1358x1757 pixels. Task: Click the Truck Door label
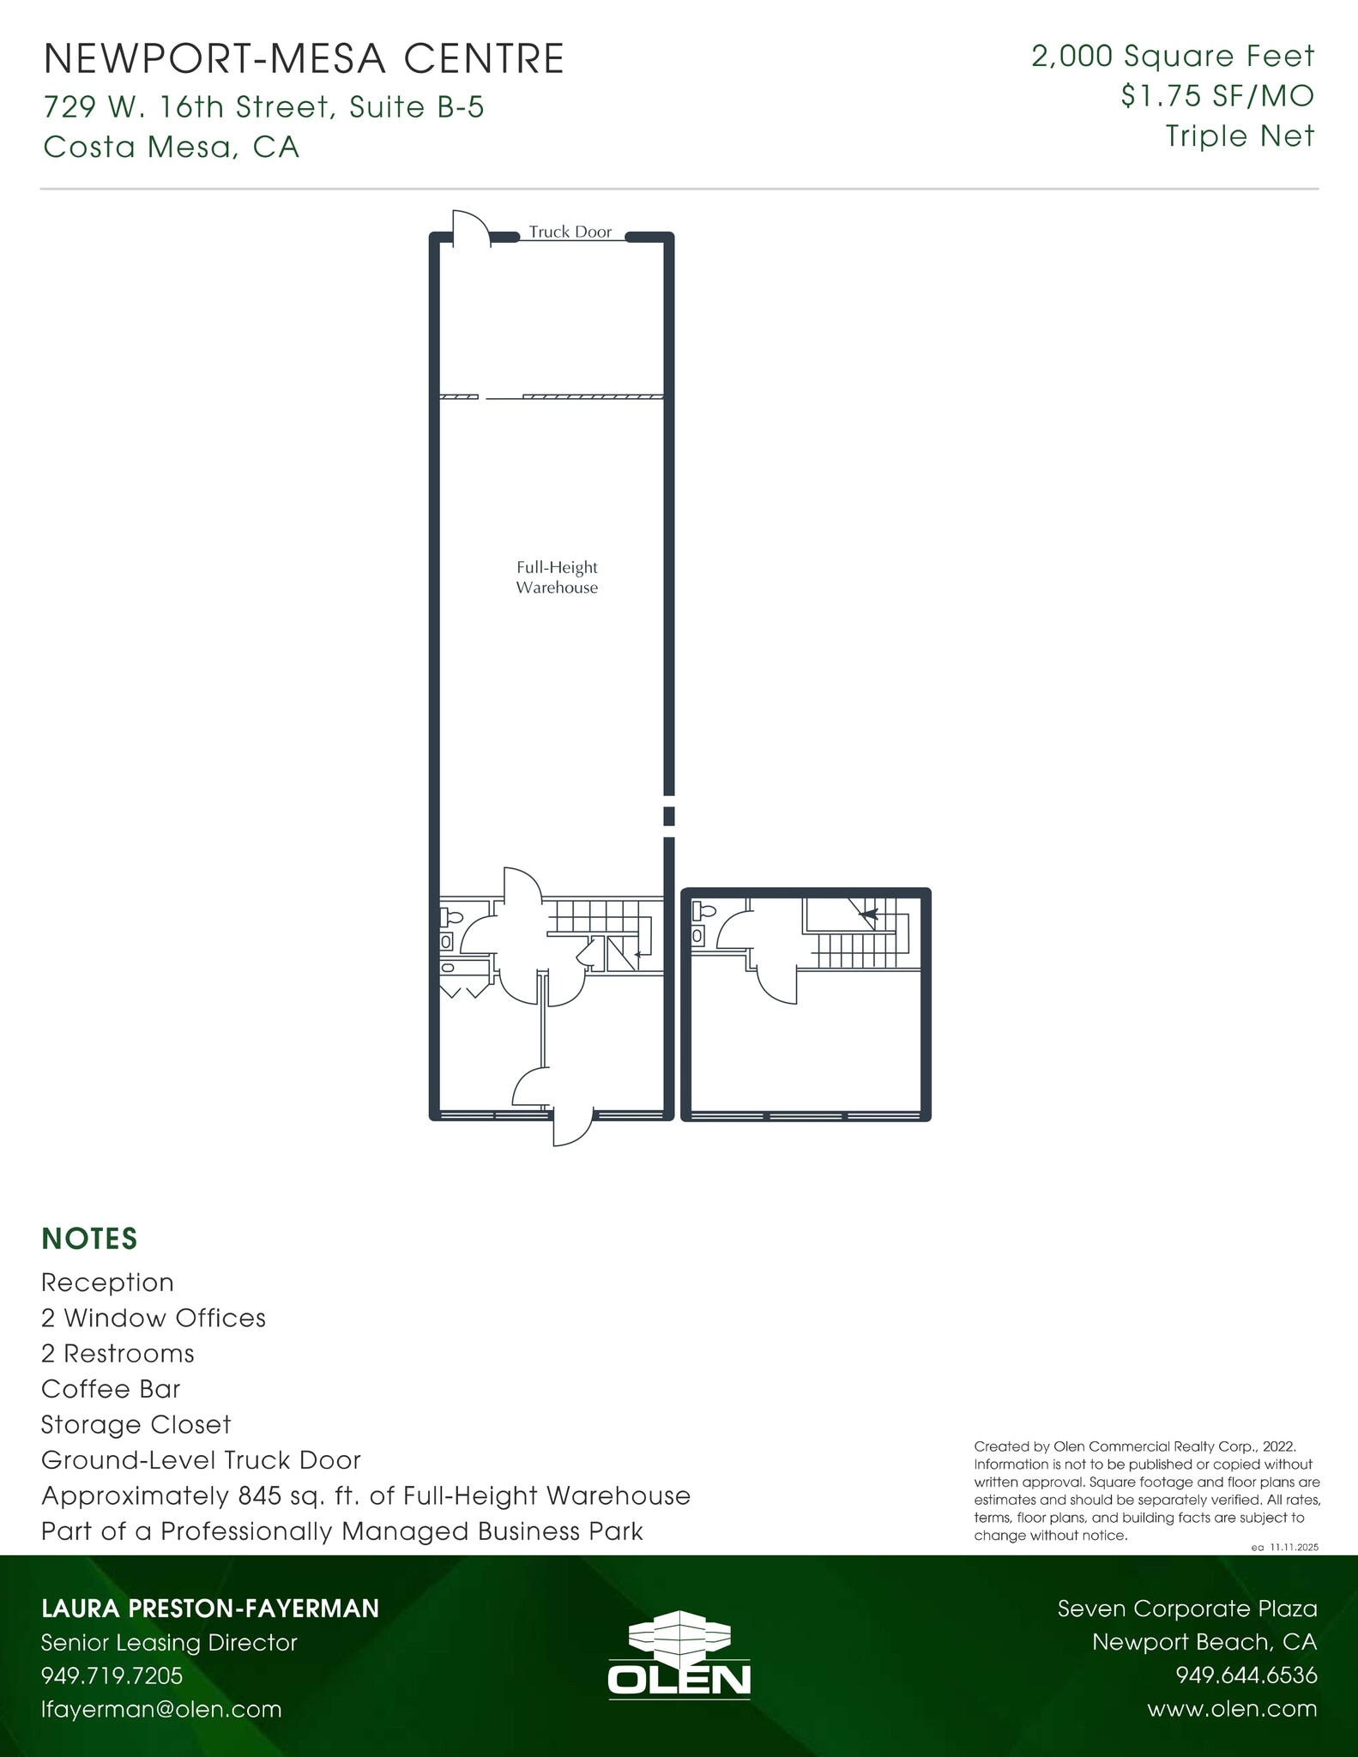pos(570,232)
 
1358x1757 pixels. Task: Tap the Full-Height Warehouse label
pos(557,577)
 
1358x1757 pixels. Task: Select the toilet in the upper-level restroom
pos(705,911)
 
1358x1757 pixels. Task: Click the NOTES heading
pos(89,1239)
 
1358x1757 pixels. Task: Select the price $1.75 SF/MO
pos(1216,96)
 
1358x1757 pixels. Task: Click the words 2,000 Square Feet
pos(1172,57)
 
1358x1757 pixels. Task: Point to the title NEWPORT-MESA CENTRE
pos(304,59)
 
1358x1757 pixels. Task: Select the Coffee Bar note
pos(111,1389)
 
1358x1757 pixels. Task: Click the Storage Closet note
pos(136,1425)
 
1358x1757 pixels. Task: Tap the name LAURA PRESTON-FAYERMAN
pos(210,1609)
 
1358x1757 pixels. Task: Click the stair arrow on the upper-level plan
pos(868,915)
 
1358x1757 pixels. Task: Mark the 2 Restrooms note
pos(118,1354)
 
